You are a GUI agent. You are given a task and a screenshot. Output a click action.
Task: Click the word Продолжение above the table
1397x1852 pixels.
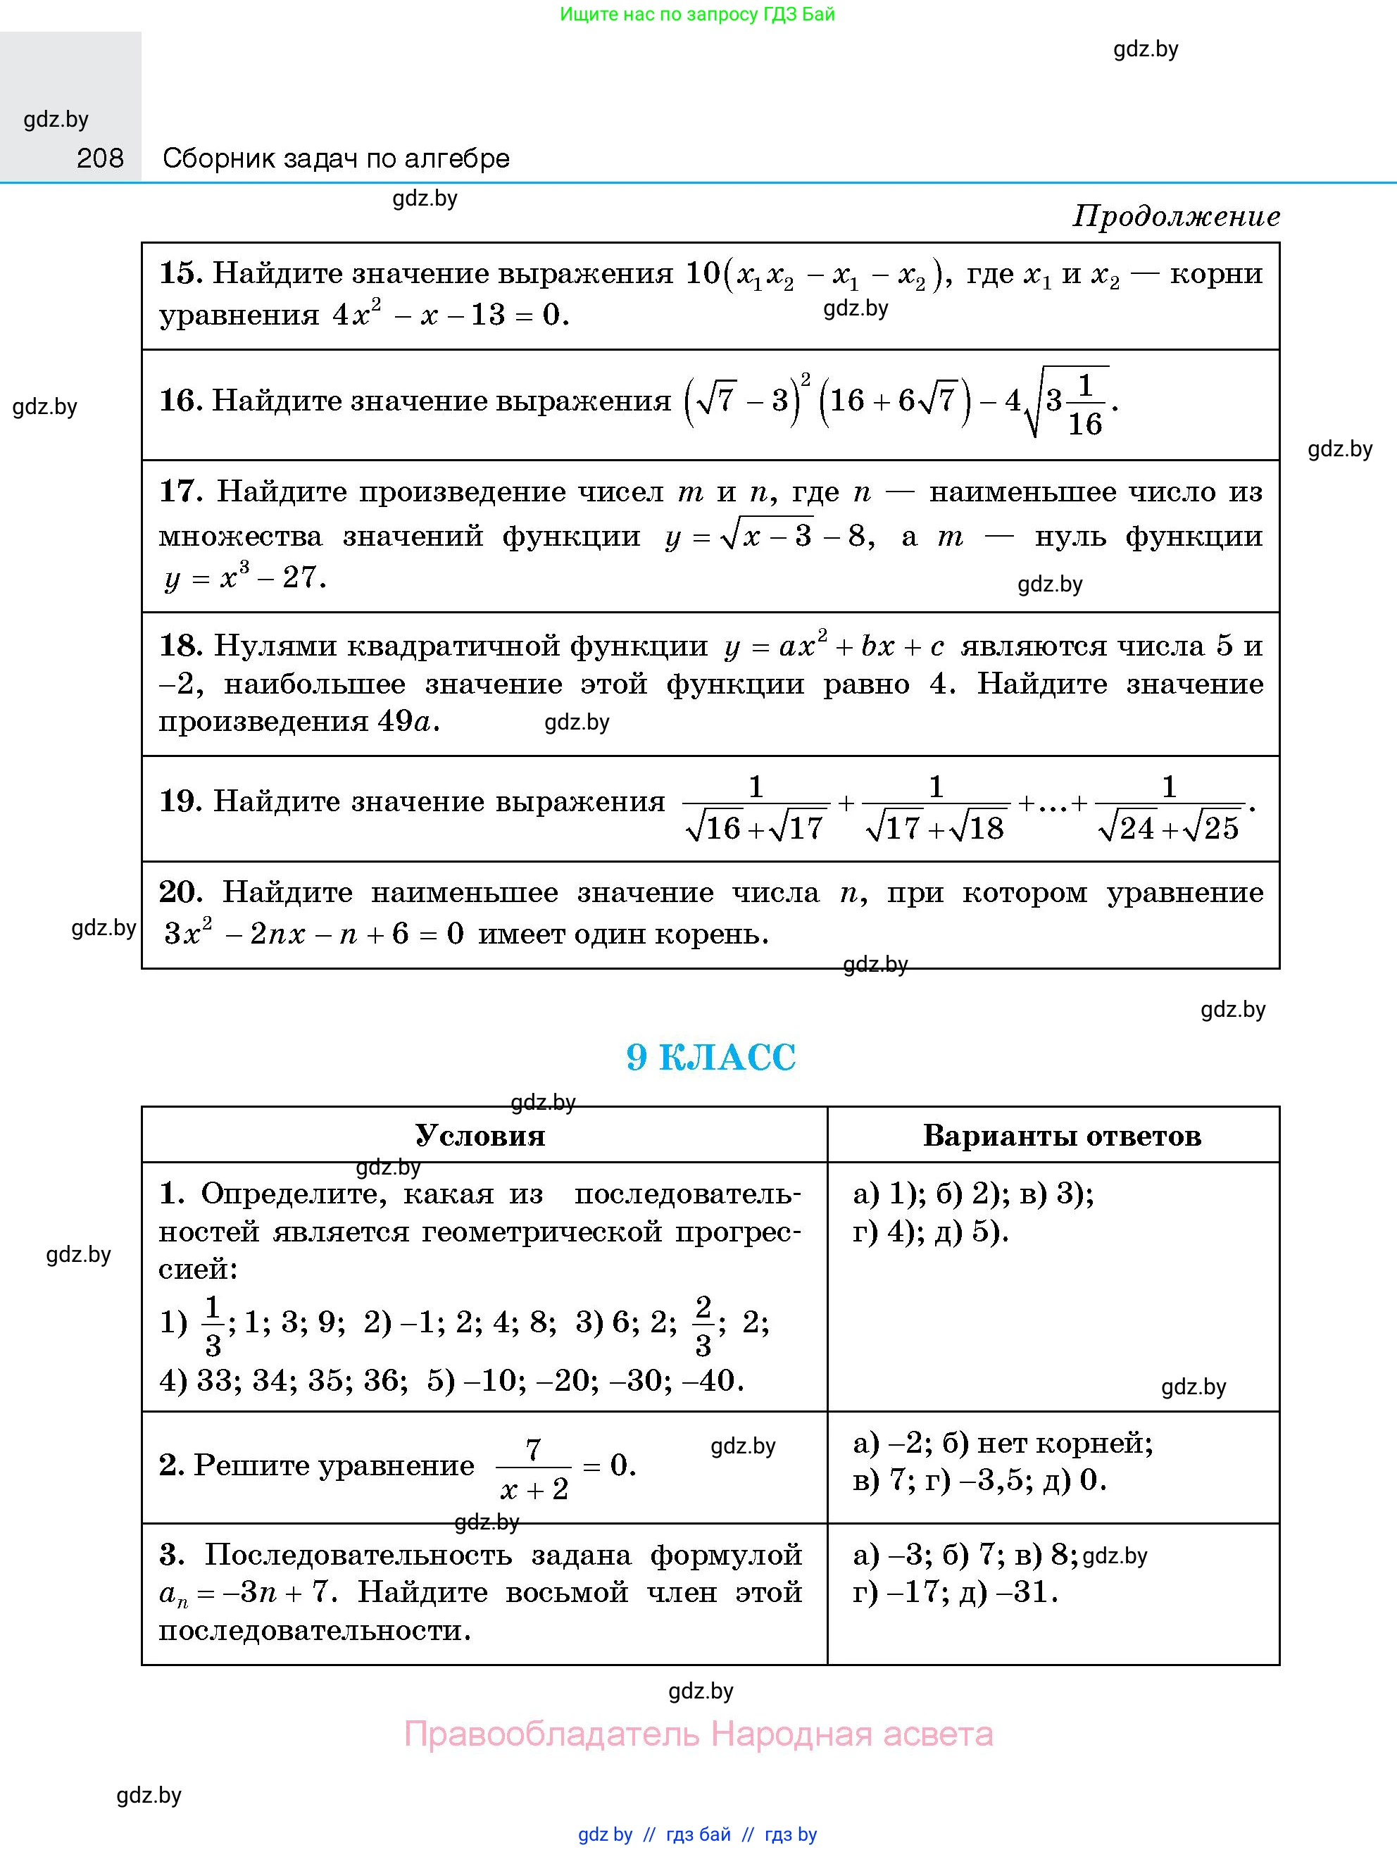(1176, 217)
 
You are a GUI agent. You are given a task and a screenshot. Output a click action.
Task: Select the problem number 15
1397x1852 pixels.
(180, 273)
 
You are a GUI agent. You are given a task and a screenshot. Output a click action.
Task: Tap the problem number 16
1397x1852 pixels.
(180, 401)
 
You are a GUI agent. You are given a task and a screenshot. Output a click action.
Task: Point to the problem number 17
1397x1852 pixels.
(180, 492)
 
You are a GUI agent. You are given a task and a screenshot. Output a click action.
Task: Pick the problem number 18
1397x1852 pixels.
(180, 646)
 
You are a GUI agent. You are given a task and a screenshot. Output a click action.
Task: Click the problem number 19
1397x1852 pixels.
(180, 801)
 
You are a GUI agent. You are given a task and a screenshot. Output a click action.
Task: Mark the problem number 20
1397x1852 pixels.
(180, 892)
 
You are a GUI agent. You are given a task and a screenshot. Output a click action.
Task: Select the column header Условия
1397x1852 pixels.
(480, 1136)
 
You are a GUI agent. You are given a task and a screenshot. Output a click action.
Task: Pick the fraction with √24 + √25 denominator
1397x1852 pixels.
(1168, 809)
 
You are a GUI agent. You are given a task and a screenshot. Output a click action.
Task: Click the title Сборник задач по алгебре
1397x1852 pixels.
(336, 158)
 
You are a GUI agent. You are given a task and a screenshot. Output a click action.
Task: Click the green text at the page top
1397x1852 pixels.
(697, 14)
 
